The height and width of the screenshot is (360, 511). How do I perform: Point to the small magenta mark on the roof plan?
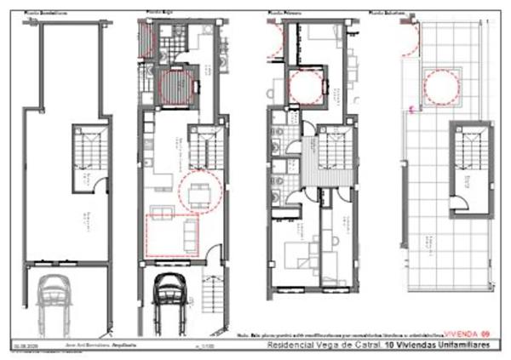coord(412,110)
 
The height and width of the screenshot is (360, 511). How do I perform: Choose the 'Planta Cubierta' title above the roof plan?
coord(388,14)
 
